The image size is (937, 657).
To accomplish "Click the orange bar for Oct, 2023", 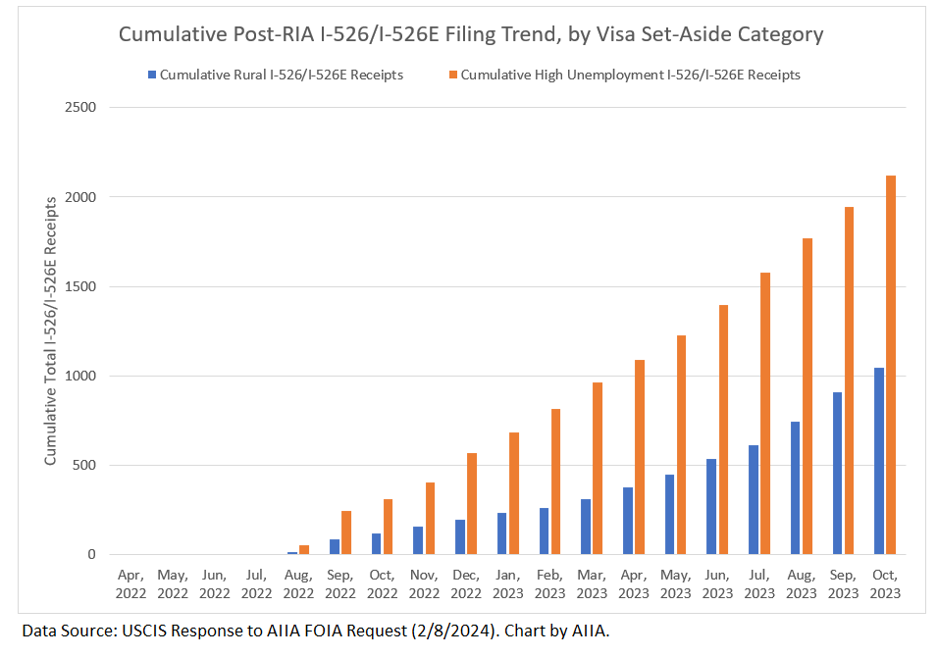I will (x=891, y=365).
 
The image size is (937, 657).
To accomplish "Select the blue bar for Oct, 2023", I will (x=879, y=461).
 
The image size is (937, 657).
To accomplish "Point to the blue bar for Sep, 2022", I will (x=335, y=547).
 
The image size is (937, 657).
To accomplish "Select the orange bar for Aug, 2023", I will (x=807, y=396).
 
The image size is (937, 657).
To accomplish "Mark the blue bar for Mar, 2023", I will (x=586, y=527).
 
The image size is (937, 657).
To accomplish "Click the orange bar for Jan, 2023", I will (x=513, y=493).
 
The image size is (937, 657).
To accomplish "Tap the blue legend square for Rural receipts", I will (x=150, y=75).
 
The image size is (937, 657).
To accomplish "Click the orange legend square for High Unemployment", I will (x=451, y=75).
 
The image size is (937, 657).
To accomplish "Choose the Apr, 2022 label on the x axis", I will (x=130, y=584).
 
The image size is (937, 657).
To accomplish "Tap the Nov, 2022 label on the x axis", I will (x=424, y=584).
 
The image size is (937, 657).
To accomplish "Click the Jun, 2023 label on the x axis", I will (x=718, y=584).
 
